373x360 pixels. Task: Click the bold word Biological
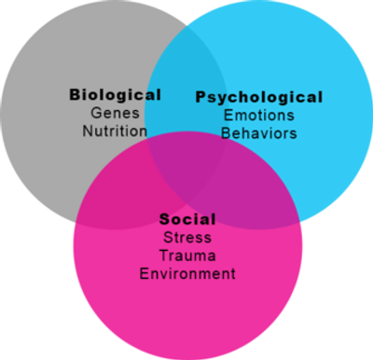pos(115,94)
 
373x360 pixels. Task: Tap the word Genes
pos(115,112)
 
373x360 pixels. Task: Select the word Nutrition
pos(115,130)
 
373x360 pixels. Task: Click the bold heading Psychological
pos(258,97)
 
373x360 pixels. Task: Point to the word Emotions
pos(258,115)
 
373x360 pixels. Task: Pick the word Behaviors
pos(258,132)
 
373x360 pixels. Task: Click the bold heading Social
pos(187,219)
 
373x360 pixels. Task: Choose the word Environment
pos(187,273)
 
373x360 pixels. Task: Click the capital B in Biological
pos(75,94)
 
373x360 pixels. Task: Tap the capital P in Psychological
pos(200,97)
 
